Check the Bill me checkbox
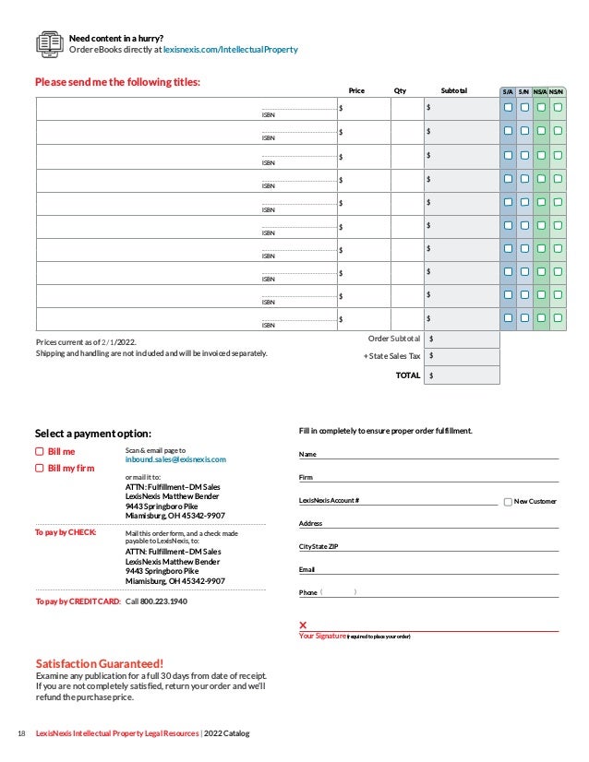coord(40,452)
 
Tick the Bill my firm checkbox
coord(40,469)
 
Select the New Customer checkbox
coord(508,501)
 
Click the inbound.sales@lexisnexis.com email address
coord(175,458)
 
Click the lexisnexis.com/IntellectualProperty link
coord(230,49)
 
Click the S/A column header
coord(508,91)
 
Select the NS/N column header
coord(558,91)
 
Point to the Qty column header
coord(400,91)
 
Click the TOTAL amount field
coord(463,375)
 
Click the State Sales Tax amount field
coord(463,357)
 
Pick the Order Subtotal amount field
coord(463,339)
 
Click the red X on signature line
coord(303,625)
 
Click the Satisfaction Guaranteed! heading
coord(99,662)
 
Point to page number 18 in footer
coord(21,733)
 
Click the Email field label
coord(307,569)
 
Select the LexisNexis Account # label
coord(330,500)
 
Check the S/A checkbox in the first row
coord(508,108)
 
